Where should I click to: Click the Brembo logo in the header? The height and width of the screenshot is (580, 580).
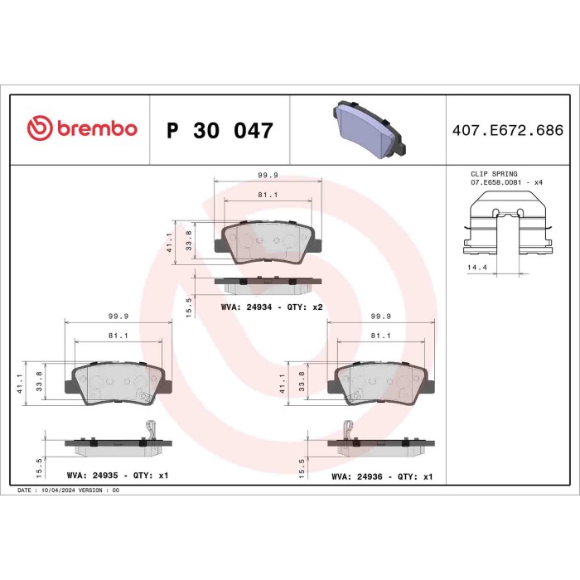click(81, 129)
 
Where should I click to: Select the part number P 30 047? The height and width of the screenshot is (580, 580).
click(220, 130)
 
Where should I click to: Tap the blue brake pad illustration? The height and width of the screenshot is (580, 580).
click(367, 130)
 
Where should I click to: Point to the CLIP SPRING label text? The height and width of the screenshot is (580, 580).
click(494, 174)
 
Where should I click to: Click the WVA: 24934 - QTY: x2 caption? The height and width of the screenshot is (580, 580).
click(271, 307)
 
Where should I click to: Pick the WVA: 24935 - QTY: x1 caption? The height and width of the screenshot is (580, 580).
click(117, 477)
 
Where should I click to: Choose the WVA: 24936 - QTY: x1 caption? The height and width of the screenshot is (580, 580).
click(382, 477)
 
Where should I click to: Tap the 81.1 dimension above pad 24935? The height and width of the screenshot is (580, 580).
click(118, 336)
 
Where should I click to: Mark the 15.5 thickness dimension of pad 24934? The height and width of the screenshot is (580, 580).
click(189, 306)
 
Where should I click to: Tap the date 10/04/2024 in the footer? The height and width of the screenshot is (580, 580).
click(69, 491)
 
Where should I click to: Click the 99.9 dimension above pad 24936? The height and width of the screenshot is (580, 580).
click(381, 316)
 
